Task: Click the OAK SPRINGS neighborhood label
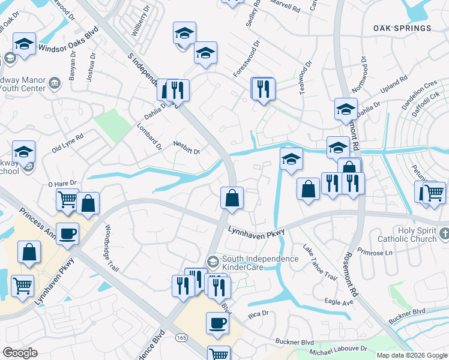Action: [402, 28]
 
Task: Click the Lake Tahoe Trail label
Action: [319, 262]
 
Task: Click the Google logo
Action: [20, 353]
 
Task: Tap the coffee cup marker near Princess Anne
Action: [67, 233]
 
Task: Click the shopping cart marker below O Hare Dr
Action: [67, 199]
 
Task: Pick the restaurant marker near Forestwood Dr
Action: [263, 89]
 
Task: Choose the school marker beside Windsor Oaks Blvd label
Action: [24, 43]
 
